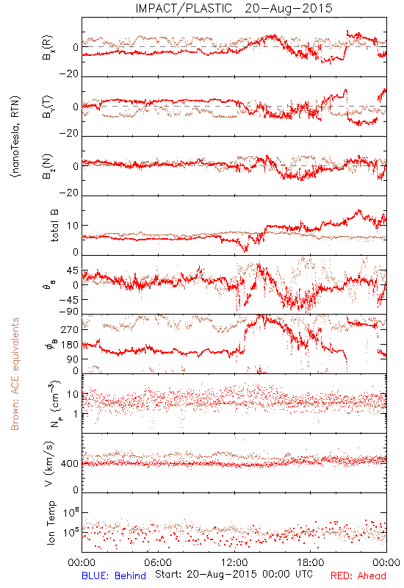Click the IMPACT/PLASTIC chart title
click(184, 8)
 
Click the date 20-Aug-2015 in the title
click(289, 8)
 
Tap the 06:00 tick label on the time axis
click(158, 562)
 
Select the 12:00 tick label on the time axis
click(234, 562)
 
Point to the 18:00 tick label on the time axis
click(311, 562)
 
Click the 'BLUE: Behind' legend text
click(114, 576)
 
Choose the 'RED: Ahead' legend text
click(358, 576)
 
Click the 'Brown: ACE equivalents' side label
click(15, 374)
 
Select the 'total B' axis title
click(54, 226)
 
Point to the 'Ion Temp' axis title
click(51, 523)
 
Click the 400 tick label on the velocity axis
click(70, 464)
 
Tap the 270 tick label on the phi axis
click(70, 329)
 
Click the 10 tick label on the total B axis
click(73, 226)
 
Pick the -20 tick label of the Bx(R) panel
click(69, 74)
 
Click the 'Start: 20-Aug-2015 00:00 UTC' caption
click(234, 574)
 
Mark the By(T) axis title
click(48, 107)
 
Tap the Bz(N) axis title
click(48, 166)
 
